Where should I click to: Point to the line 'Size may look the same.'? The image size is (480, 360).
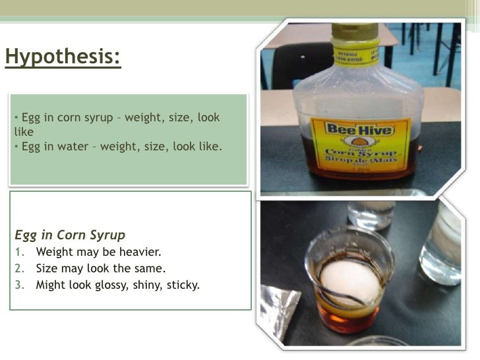[100, 268]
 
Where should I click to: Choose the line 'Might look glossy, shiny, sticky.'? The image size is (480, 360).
[117, 285]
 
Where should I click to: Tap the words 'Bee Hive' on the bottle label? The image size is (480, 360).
[359, 127]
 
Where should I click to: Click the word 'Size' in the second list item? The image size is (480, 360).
[47, 268]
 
